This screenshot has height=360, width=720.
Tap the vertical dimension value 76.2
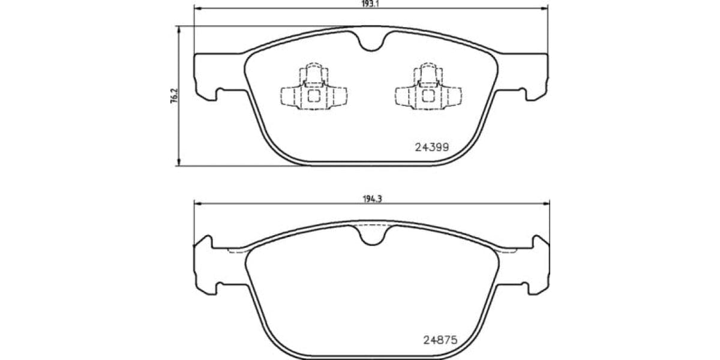pos(174,96)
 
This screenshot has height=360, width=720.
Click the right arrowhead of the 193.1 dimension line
pos(545,8)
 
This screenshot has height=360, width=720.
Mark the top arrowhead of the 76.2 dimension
pos(179,29)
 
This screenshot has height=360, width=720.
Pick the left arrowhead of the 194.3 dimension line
pos(196,205)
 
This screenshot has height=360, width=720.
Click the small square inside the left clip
pos(314,96)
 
